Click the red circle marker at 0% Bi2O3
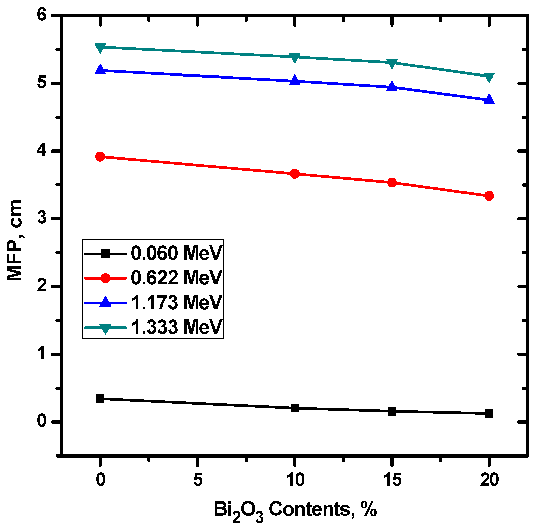[100, 157]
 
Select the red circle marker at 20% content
[489, 196]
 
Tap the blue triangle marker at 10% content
[295, 80]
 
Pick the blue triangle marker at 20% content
[489, 99]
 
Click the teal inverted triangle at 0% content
[100, 48]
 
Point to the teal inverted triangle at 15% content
[392, 63]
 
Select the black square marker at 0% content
[100, 399]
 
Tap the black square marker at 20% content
[489, 413]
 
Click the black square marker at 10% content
[295, 408]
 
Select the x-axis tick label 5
[197, 480]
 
